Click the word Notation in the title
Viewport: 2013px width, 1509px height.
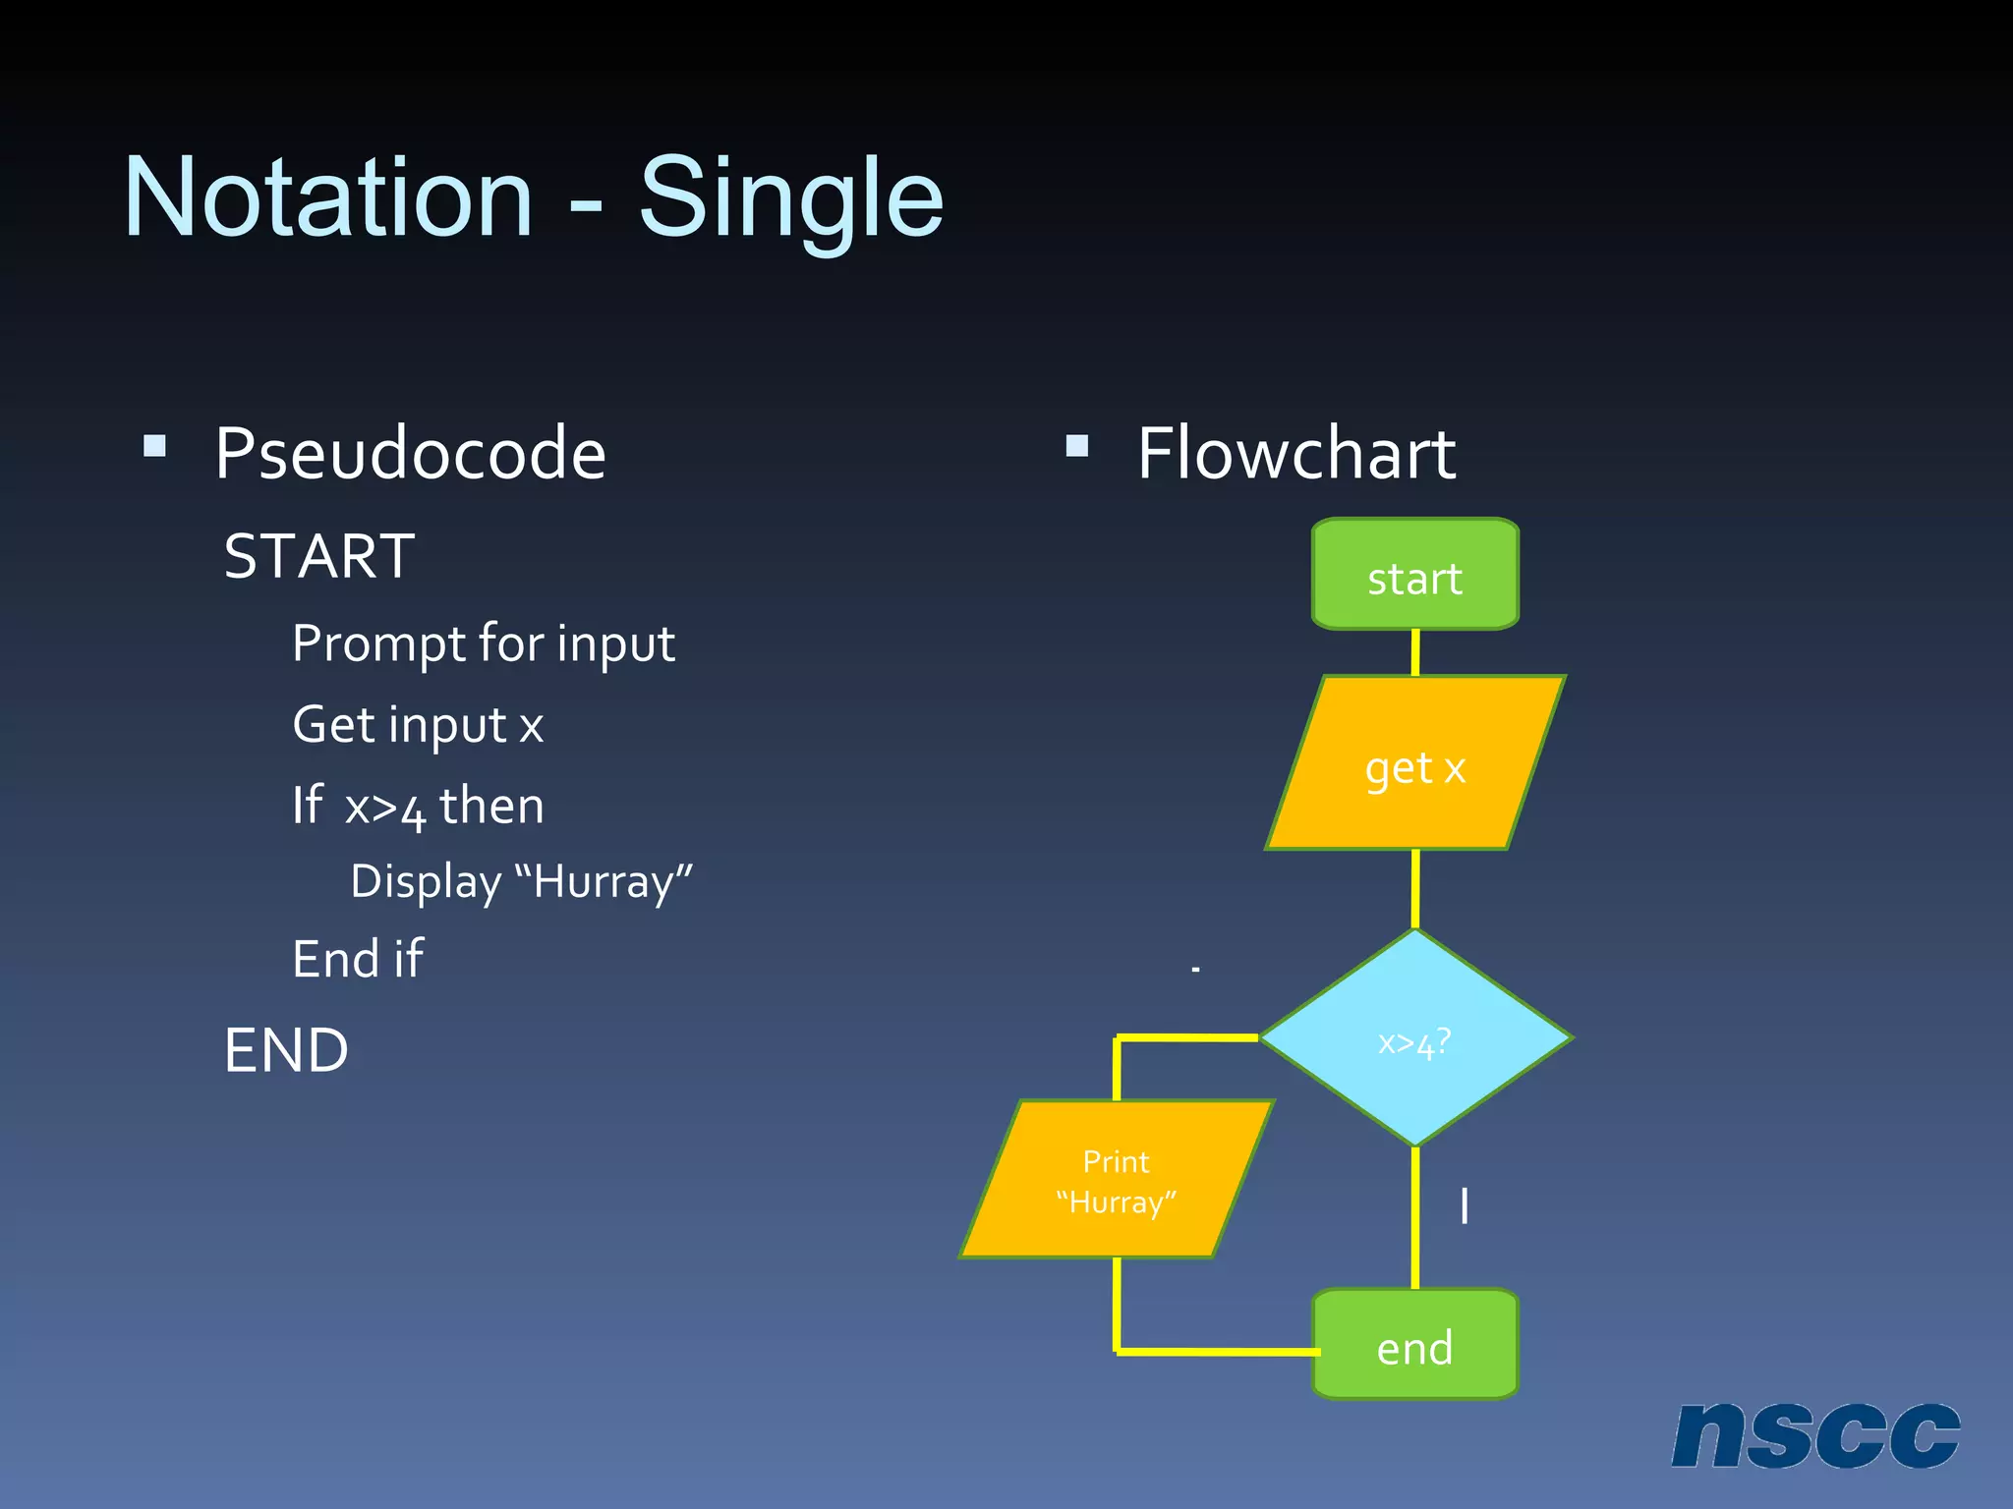[328, 198]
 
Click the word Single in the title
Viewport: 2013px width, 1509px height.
[791, 198]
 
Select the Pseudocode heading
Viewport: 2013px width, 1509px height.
[410, 454]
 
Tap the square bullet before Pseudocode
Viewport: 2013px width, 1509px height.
[154, 447]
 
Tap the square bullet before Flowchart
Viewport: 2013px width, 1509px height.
[1077, 447]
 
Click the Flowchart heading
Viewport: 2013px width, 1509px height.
[1295, 454]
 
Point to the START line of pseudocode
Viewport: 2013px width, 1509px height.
[319, 556]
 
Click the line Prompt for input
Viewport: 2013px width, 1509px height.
[484, 644]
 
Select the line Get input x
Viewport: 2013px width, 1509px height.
[418, 726]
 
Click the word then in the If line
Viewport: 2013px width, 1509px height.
[491, 807]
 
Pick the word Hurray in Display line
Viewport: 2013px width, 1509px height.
[604, 881]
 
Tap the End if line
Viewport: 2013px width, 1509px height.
[358, 959]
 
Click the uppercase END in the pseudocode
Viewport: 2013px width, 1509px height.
[286, 1050]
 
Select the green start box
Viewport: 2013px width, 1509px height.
[1415, 576]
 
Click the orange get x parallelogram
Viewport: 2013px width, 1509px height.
[1415, 764]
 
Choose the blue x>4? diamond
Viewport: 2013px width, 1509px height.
[1415, 1038]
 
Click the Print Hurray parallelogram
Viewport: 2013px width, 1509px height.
[1117, 1179]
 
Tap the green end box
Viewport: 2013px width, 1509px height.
[1415, 1346]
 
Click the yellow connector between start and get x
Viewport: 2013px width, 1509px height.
[1415, 651]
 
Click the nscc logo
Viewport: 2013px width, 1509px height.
[1814, 1435]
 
